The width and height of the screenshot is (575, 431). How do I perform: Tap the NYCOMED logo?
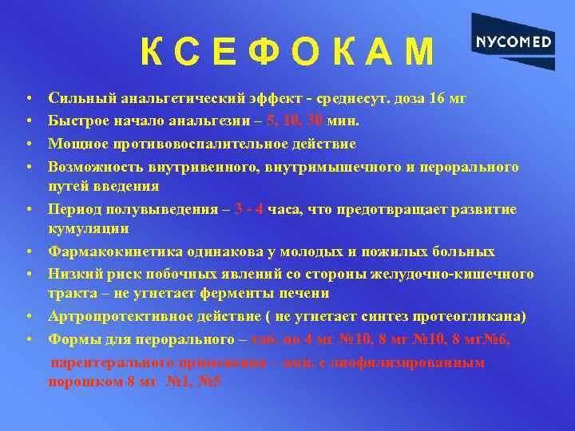[513, 42]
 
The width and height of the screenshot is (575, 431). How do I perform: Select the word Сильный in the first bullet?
[81, 100]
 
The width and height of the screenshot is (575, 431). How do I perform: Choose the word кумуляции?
[88, 229]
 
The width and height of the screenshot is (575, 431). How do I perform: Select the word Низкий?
[75, 274]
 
